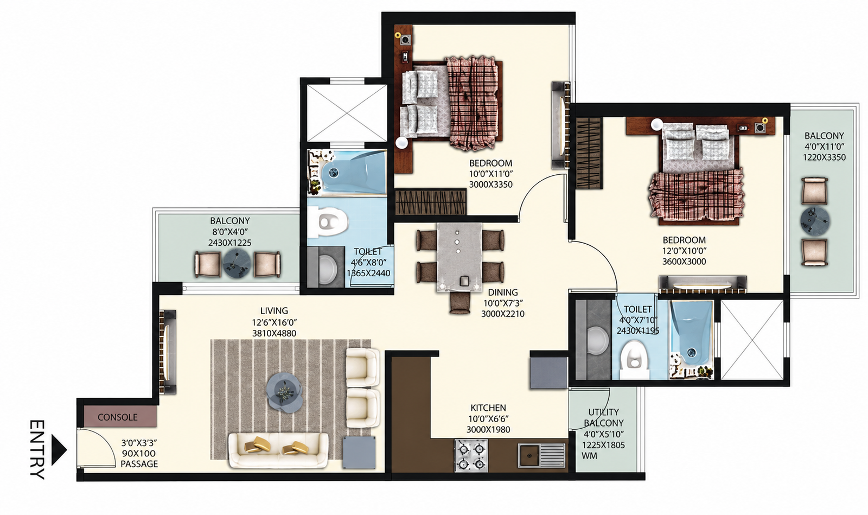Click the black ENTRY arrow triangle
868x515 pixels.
pyautogui.click(x=59, y=450)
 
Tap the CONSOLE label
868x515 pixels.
pyautogui.click(x=117, y=417)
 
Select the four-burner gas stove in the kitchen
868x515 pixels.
pyautogui.click(x=471, y=455)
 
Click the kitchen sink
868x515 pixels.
pyautogui.click(x=542, y=455)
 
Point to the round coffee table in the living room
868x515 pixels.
pyautogui.click(x=284, y=393)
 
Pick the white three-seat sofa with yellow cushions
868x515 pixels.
pyautogui.click(x=278, y=450)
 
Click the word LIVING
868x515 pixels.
pyautogui.click(x=274, y=311)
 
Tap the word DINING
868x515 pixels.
pyautogui.click(x=502, y=292)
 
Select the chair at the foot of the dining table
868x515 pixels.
pyautogui.click(x=460, y=303)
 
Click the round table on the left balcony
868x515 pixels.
pyautogui.click(x=237, y=264)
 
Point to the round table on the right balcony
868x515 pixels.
pyautogui.click(x=815, y=221)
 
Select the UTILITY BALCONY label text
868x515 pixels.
pyautogui.click(x=604, y=417)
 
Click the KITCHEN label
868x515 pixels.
pyautogui.click(x=488, y=408)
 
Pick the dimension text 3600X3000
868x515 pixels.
pyautogui.click(x=684, y=262)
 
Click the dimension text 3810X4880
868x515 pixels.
pyautogui.click(x=274, y=333)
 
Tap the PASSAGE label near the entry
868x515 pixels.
pyautogui.click(x=139, y=464)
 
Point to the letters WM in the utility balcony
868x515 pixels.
pyautogui.click(x=589, y=456)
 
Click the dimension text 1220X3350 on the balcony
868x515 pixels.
pyautogui.click(x=824, y=157)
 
